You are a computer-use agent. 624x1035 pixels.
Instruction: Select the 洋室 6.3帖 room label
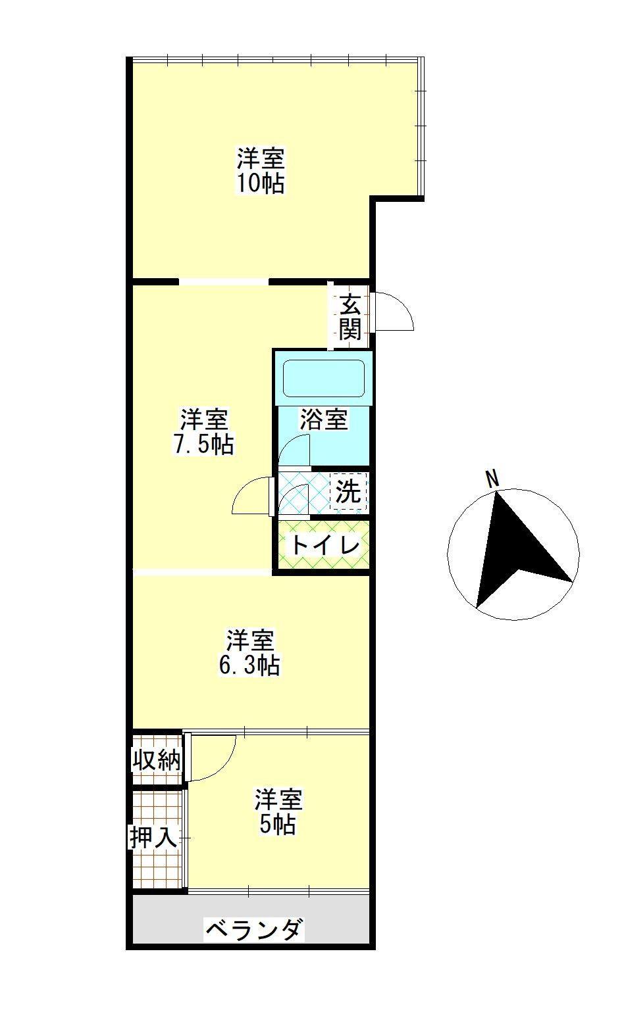point(249,652)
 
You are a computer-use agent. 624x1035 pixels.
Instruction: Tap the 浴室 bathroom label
point(324,420)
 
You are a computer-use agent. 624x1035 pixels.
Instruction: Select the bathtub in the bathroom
point(323,378)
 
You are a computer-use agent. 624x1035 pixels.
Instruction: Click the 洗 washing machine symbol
point(348,491)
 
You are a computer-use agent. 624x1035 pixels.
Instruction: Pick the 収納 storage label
point(157,760)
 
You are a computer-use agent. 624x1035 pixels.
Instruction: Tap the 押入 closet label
point(153,838)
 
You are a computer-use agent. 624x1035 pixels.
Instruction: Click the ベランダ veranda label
point(255,930)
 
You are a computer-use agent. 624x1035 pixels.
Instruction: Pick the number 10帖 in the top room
point(261,183)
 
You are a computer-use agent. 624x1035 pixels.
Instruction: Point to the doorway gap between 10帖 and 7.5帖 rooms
point(224,282)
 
